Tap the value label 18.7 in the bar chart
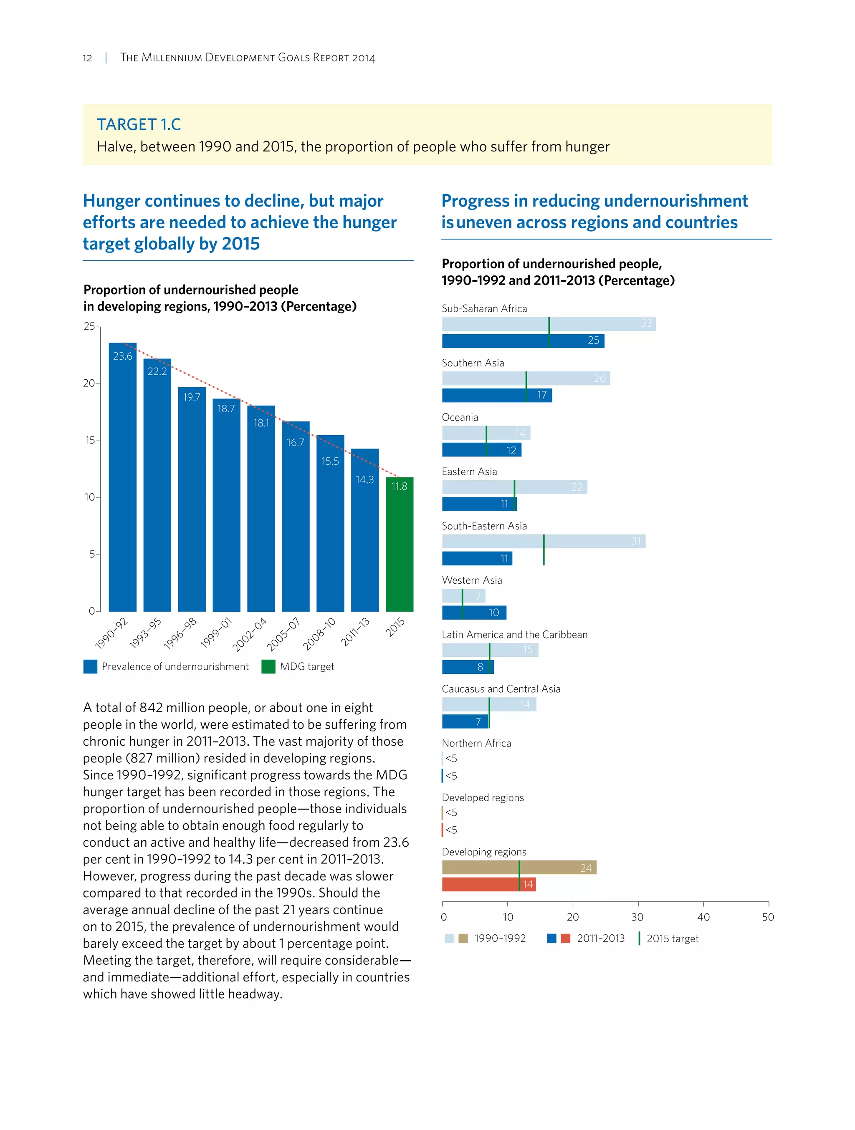click(x=226, y=408)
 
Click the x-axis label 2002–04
click(x=250, y=634)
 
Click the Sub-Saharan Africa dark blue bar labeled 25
click(x=522, y=341)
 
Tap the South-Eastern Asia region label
click(x=484, y=526)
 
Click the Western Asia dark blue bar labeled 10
click(x=474, y=613)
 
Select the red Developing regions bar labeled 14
click(x=488, y=884)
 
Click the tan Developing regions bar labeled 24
click(x=519, y=868)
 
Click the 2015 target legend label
click(x=672, y=938)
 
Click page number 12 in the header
click(x=87, y=58)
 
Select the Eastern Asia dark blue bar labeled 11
click(x=479, y=504)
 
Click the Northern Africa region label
click(x=476, y=743)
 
